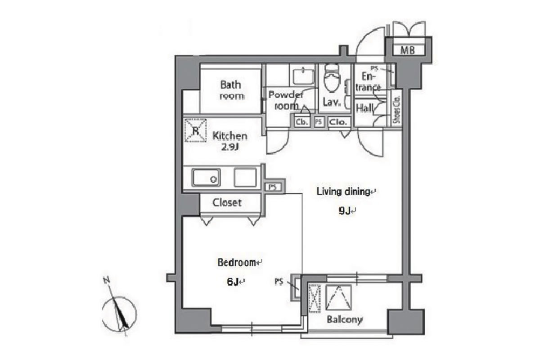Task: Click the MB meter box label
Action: coord(407,50)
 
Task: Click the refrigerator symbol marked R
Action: coord(195,130)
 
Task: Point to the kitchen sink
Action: coord(206,178)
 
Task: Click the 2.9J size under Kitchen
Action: coord(230,147)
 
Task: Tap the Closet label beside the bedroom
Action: coord(227,202)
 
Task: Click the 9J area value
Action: coord(345,211)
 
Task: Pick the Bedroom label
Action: coord(237,262)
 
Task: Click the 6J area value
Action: coord(233,281)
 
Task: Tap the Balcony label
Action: coord(345,320)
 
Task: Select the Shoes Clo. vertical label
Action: coord(396,110)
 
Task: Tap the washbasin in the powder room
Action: coord(303,76)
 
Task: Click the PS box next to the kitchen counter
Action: coord(273,187)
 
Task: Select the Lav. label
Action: coord(332,102)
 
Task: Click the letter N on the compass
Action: coord(107,280)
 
